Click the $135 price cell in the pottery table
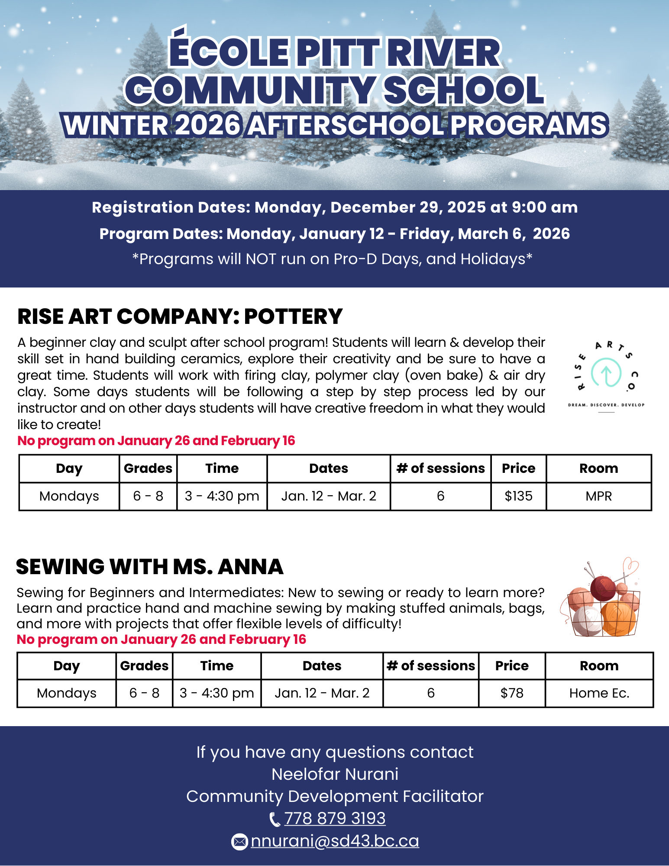point(518,496)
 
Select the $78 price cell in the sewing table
point(512,693)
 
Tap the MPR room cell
point(599,496)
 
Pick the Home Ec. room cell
point(599,693)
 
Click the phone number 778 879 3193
point(335,818)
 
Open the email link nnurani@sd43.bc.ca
point(335,841)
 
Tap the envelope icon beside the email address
point(239,842)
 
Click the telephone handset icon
point(275,819)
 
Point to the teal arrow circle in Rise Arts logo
point(606,373)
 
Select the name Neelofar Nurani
point(335,774)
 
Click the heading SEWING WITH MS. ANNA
point(150,567)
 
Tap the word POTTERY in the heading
point(293,317)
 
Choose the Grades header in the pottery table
point(148,469)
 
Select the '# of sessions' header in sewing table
point(431,666)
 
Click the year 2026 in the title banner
point(208,125)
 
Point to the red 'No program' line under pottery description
point(156,441)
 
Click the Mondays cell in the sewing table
point(67,693)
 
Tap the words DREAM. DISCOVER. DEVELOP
point(606,405)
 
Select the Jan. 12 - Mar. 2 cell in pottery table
point(329,496)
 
